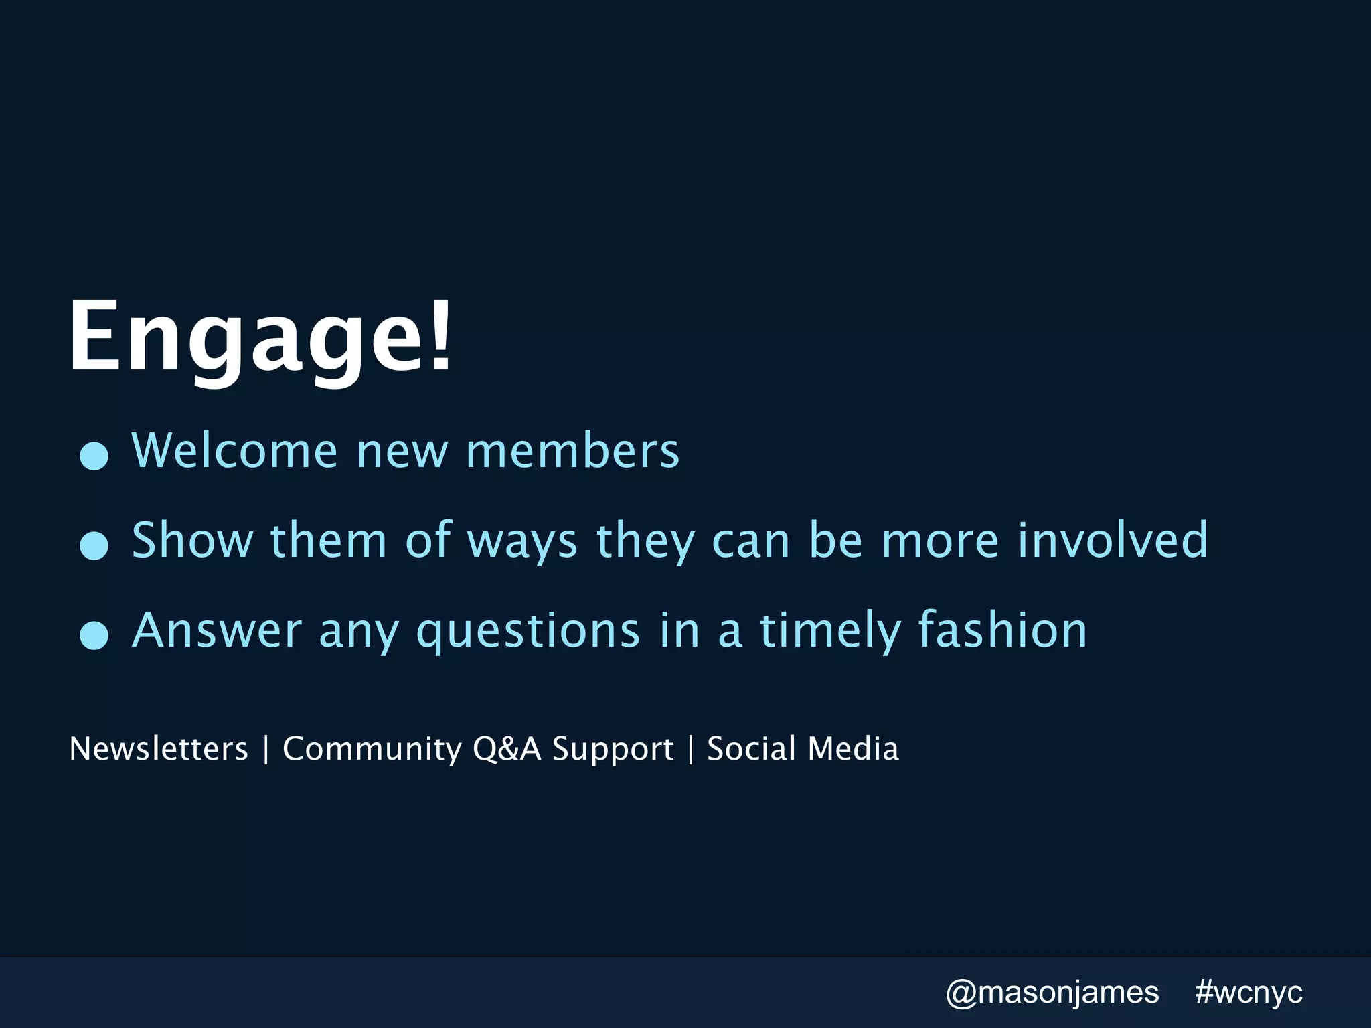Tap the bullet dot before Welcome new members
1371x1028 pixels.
pyautogui.click(x=94, y=456)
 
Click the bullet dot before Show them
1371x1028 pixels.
pyautogui.click(x=94, y=545)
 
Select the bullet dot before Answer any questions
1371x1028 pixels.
pyautogui.click(x=94, y=635)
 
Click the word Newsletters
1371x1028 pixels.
pyautogui.click(x=159, y=748)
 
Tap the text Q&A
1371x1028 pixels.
pyautogui.click(x=507, y=749)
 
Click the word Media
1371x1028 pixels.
pyautogui.click(x=853, y=748)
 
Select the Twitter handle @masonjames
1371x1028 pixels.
pyautogui.click(x=1052, y=993)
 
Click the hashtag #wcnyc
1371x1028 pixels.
pyautogui.click(x=1248, y=992)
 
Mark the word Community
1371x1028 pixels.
pyautogui.click(x=372, y=750)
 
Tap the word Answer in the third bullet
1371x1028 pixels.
pyautogui.click(x=217, y=630)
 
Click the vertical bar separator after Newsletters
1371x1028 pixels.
pyautogui.click(x=266, y=749)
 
